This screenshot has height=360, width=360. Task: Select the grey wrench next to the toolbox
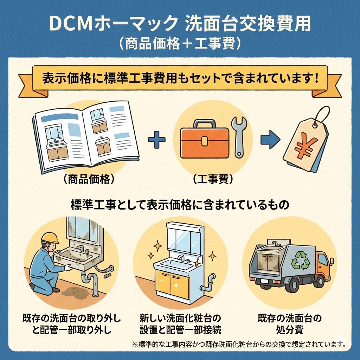239,135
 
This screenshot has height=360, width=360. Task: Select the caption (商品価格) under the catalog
87,179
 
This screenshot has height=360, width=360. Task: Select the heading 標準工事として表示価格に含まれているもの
180,205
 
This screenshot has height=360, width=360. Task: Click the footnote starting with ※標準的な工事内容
239,344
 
